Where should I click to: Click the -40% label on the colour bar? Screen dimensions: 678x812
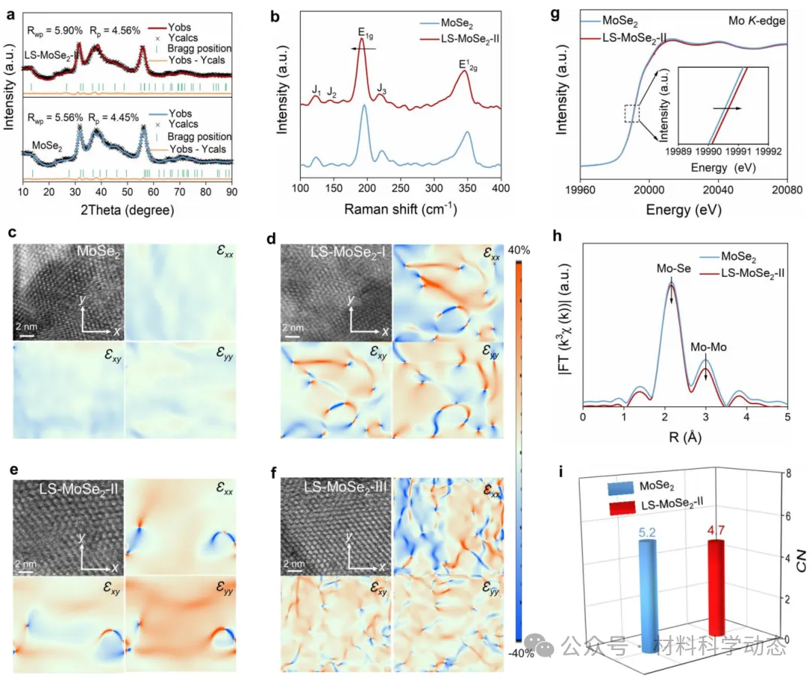pyautogui.click(x=520, y=652)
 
